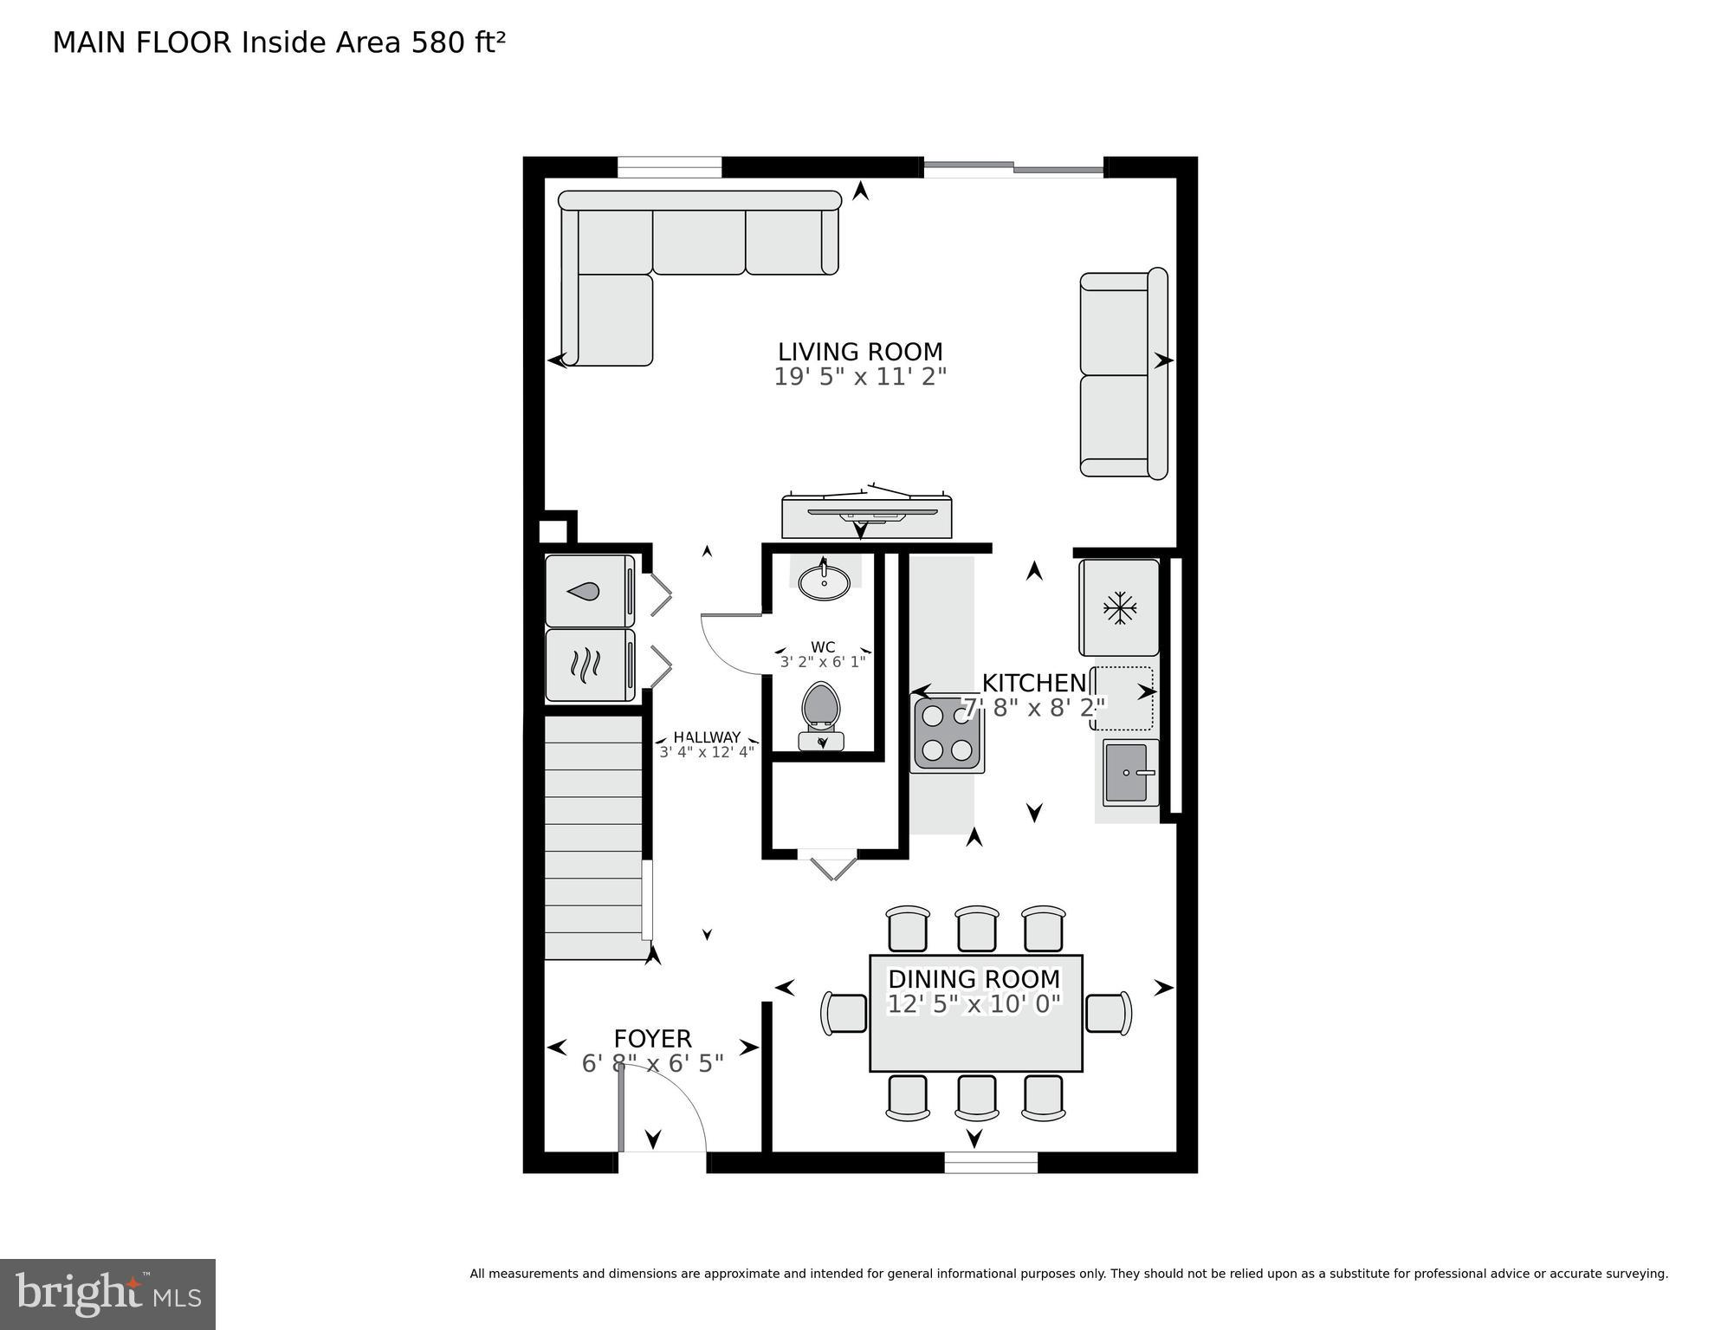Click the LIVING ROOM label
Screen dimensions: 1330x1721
point(859,352)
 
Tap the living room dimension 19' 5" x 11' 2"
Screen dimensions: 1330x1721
point(859,377)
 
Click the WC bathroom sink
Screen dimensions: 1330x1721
point(824,581)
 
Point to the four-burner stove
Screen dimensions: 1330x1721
point(947,734)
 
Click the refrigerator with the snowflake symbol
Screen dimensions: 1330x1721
point(1119,608)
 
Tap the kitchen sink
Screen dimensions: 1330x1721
point(1129,772)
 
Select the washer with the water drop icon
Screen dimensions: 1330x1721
point(589,592)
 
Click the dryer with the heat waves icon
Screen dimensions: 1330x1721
point(589,665)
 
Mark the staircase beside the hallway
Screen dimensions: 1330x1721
point(594,836)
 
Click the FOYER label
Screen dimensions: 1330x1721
point(652,1038)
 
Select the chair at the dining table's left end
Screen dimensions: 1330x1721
point(844,1013)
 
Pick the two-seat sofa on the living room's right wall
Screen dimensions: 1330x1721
point(1123,374)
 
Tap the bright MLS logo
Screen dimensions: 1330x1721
point(107,1294)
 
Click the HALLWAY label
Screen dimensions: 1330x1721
point(707,737)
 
